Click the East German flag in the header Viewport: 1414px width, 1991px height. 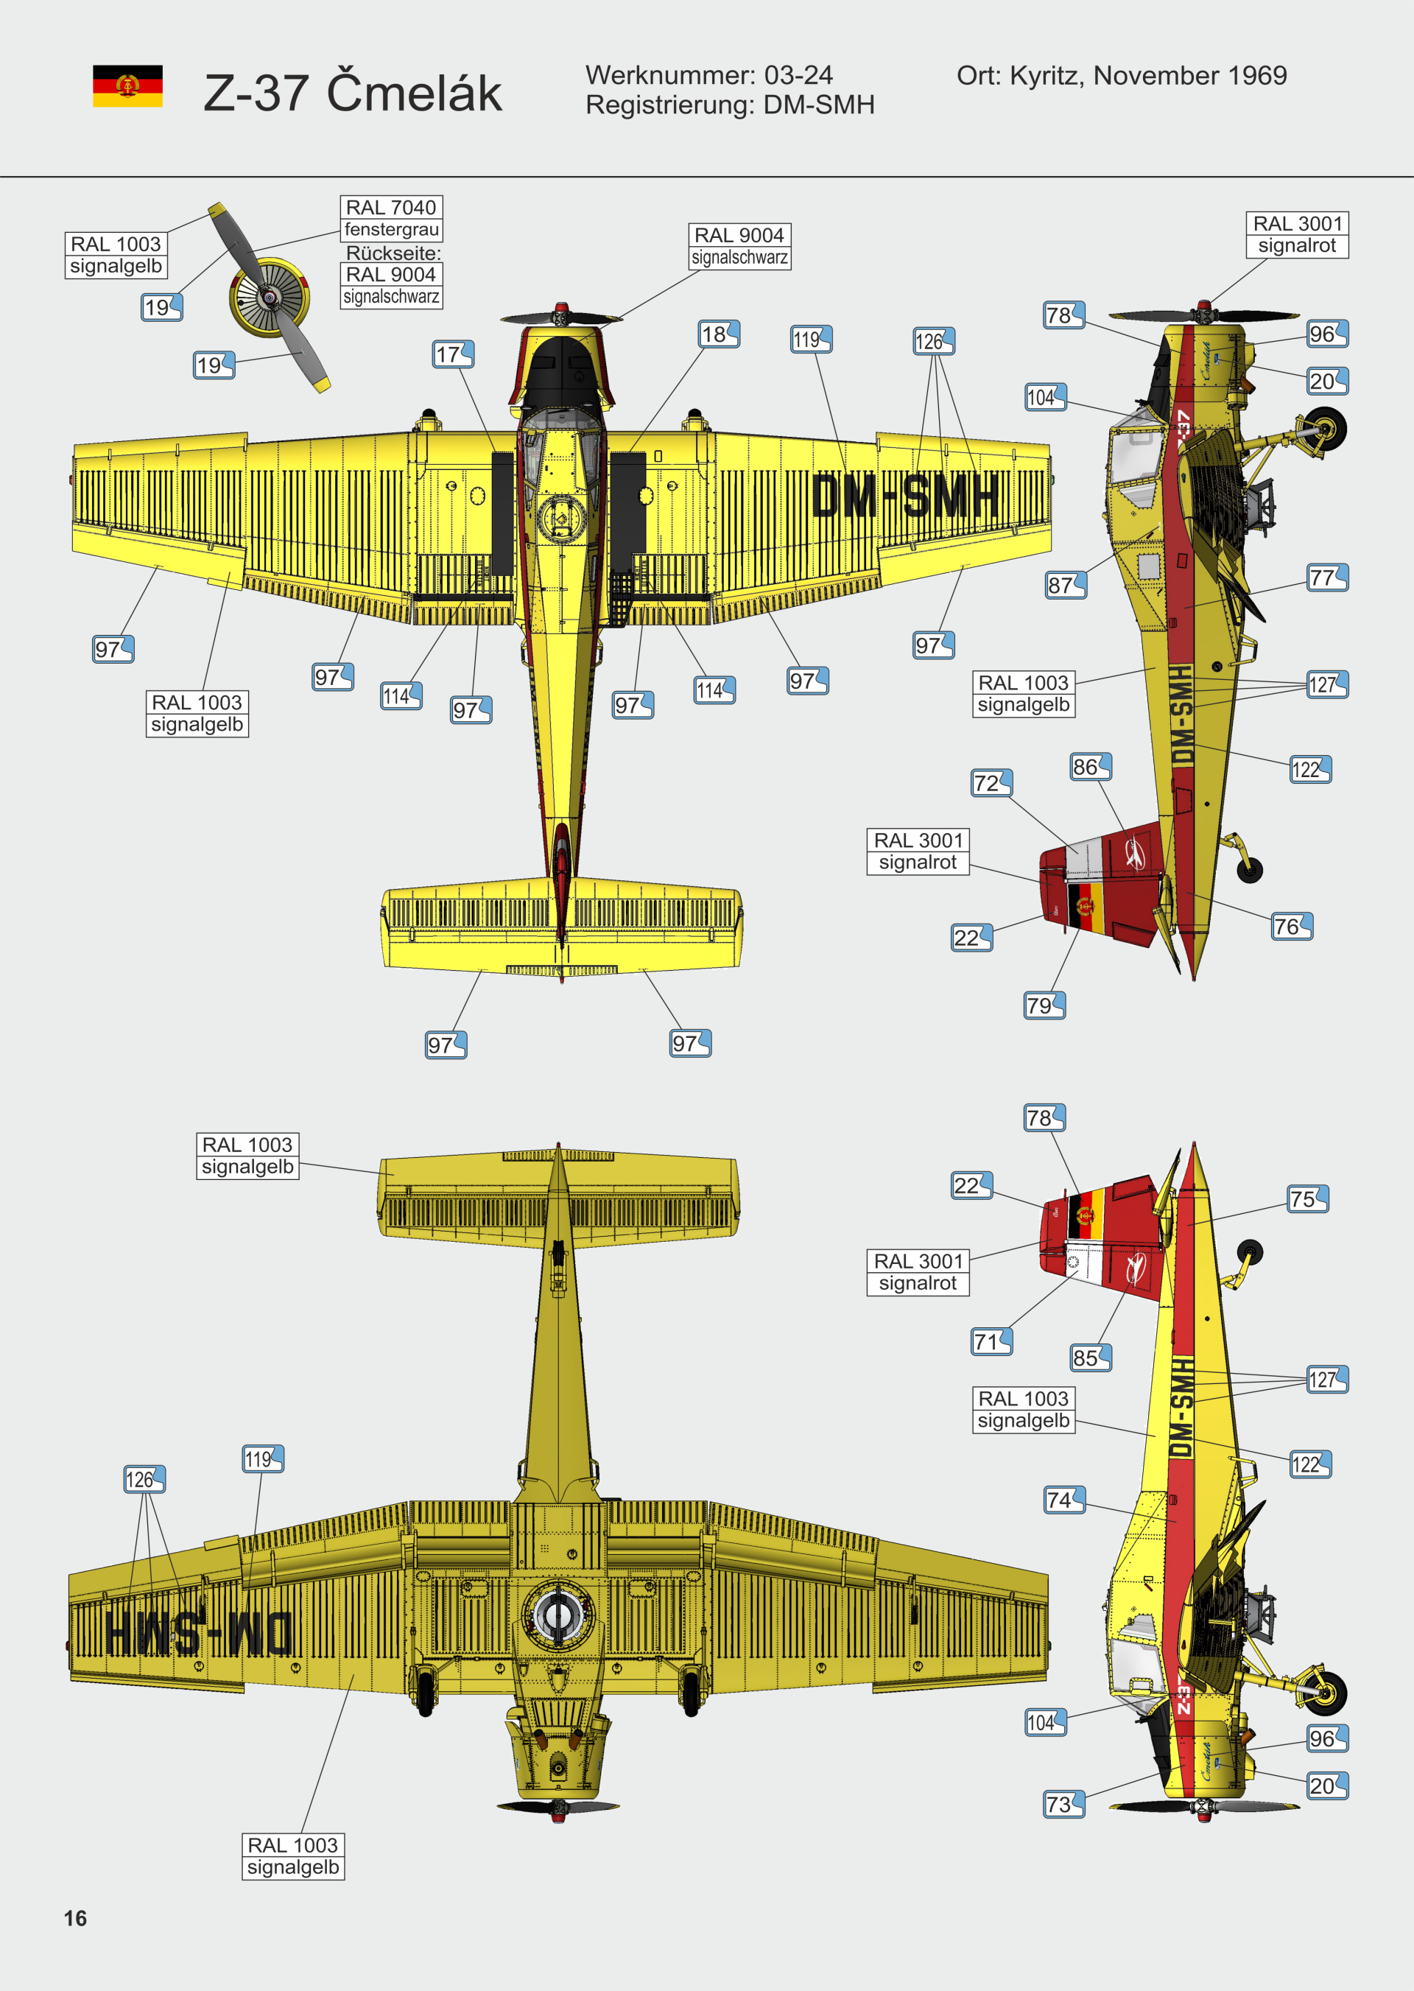127,85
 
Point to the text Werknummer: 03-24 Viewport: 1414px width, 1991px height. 708,75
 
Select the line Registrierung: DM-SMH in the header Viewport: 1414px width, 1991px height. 730,105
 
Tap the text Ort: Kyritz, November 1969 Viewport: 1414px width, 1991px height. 1122,76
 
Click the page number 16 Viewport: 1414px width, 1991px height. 75,1918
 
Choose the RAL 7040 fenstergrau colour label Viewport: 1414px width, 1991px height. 391,219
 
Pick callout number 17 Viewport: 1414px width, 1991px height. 454,354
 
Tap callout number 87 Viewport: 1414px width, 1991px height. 1066,586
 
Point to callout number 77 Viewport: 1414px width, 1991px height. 1328,577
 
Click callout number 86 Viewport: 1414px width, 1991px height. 1091,767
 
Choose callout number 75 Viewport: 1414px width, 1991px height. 1308,1198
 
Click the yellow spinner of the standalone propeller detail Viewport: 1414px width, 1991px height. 270,298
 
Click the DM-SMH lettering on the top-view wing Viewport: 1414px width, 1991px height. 906,497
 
